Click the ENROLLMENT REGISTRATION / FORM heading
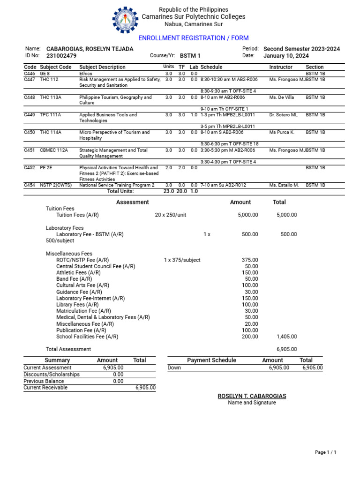[x=193, y=38]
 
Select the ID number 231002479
[x=59, y=56]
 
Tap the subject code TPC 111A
[x=51, y=115]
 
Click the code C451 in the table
[x=30, y=150]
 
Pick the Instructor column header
[x=281, y=67]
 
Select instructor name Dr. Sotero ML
[x=283, y=115]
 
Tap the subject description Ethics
[x=86, y=74]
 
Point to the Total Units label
[x=120, y=191]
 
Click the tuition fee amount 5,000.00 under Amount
[x=248, y=215]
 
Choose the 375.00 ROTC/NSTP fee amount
[x=249, y=260]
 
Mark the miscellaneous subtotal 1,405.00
[x=286, y=337]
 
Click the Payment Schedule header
[x=211, y=360]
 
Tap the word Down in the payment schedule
[x=174, y=368]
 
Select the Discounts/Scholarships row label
[x=52, y=375]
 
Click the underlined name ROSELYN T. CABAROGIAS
[x=252, y=396]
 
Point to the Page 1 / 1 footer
[x=325, y=452]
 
